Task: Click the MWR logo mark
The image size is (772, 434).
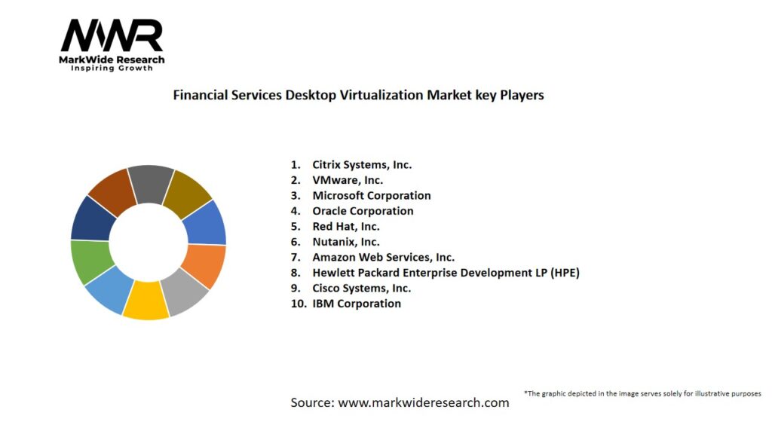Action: [112, 35]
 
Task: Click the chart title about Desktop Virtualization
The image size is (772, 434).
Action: [358, 96]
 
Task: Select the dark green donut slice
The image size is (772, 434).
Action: [91, 261]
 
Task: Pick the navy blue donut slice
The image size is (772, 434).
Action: [91, 218]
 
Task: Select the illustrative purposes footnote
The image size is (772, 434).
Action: [642, 393]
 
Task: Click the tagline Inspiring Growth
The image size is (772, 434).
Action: [112, 68]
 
